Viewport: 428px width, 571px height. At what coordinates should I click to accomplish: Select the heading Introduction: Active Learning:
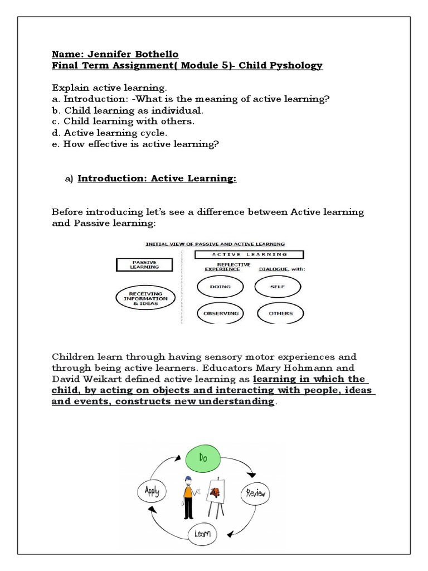(157, 178)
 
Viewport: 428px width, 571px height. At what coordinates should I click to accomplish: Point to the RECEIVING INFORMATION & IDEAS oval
(145, 298)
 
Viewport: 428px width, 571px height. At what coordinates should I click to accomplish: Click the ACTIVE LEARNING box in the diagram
(249, 254)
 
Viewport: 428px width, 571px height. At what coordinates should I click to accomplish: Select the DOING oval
(220, 287)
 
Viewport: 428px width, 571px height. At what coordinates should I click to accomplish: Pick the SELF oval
(280, 287)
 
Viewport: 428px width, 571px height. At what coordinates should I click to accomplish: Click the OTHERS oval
(280, 313)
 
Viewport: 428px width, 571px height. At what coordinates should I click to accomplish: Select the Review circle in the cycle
(256, 493)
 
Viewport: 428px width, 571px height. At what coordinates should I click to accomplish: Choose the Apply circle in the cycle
(152, 491)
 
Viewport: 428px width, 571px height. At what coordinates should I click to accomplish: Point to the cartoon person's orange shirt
(188, 493)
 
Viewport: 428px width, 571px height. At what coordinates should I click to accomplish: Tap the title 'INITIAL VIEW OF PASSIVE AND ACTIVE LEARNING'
(215, 244)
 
